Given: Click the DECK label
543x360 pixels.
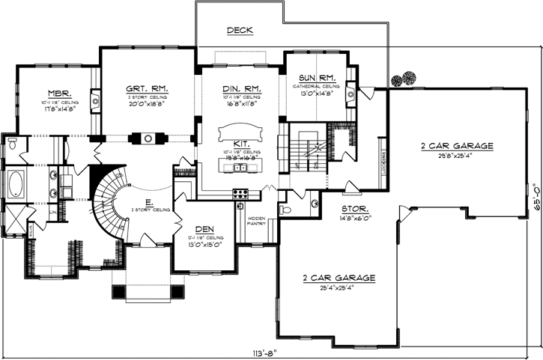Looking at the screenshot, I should click(x=240, y=31).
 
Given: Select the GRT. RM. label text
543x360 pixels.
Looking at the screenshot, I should click(x=147, y=89).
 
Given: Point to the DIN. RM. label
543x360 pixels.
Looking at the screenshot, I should click(x=241, y=89).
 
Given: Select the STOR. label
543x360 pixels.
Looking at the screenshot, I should click(x=354, y=210).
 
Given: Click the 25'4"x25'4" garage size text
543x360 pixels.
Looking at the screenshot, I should click(x=339, y=287).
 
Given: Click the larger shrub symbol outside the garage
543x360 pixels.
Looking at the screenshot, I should click(x=409, y=77).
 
